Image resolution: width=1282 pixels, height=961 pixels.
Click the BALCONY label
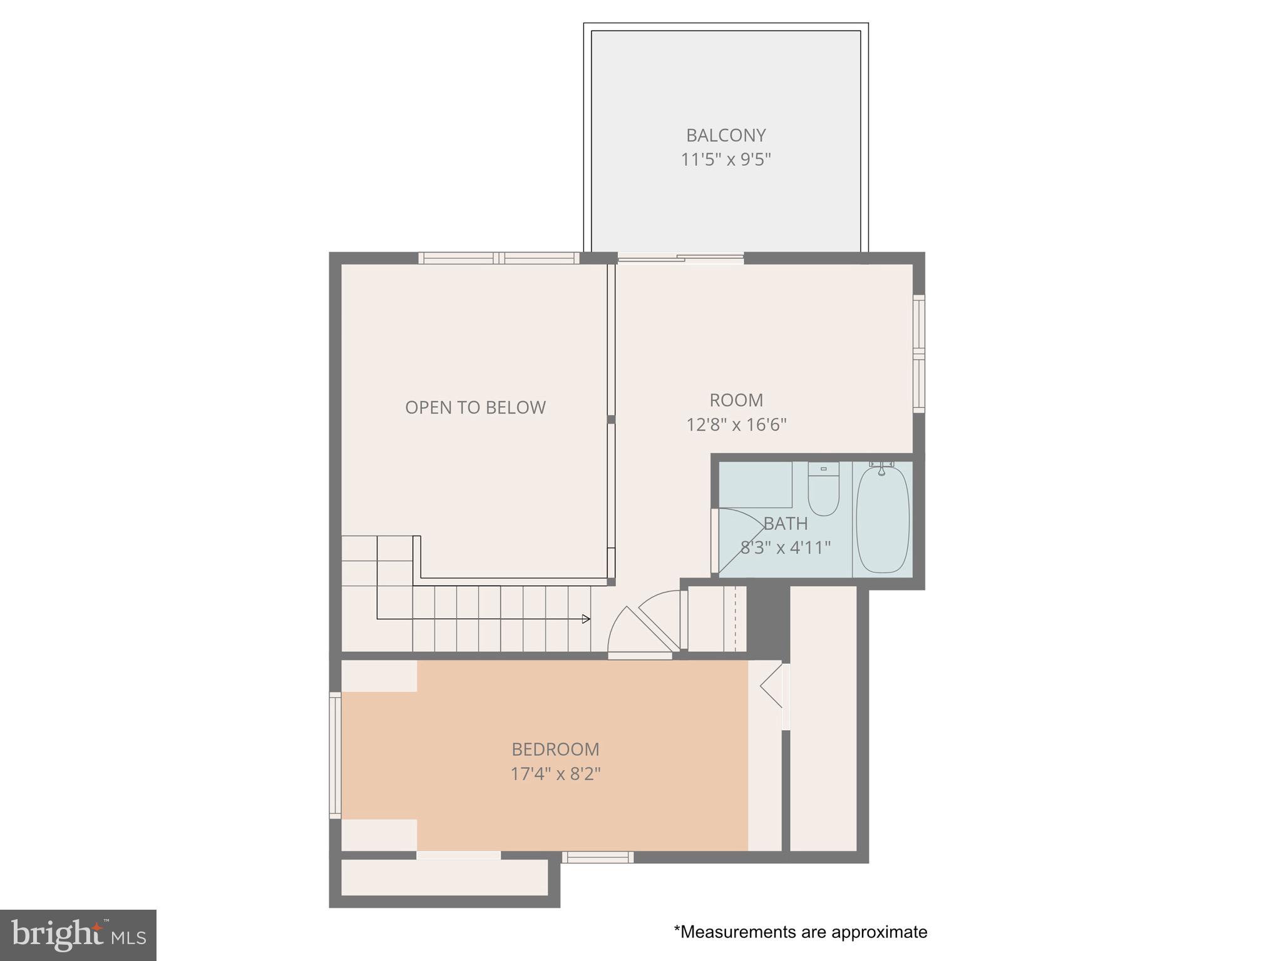[726, 135]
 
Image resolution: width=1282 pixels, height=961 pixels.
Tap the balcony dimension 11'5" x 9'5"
[726, 160]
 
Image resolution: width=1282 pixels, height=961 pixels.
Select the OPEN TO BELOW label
[475, 407]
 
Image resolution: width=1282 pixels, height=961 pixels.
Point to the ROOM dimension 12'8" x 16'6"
[736, 425]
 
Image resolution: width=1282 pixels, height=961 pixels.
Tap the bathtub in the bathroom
[882, 519]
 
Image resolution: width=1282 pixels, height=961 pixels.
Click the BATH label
[786, 523]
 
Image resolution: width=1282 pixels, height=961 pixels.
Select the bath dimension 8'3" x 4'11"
[786, 548]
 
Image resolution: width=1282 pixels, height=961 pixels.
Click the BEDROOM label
[555, 749]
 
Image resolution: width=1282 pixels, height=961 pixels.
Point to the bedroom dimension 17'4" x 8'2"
[555, 774]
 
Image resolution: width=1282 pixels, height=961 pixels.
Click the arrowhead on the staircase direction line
[586, 619]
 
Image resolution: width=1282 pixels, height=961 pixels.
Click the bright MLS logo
[78, 935]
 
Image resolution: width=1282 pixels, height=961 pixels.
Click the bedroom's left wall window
[336, 755]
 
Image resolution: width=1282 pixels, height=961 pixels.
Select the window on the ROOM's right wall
[918, 353]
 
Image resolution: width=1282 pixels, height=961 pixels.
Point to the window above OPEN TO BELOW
[499, 258]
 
